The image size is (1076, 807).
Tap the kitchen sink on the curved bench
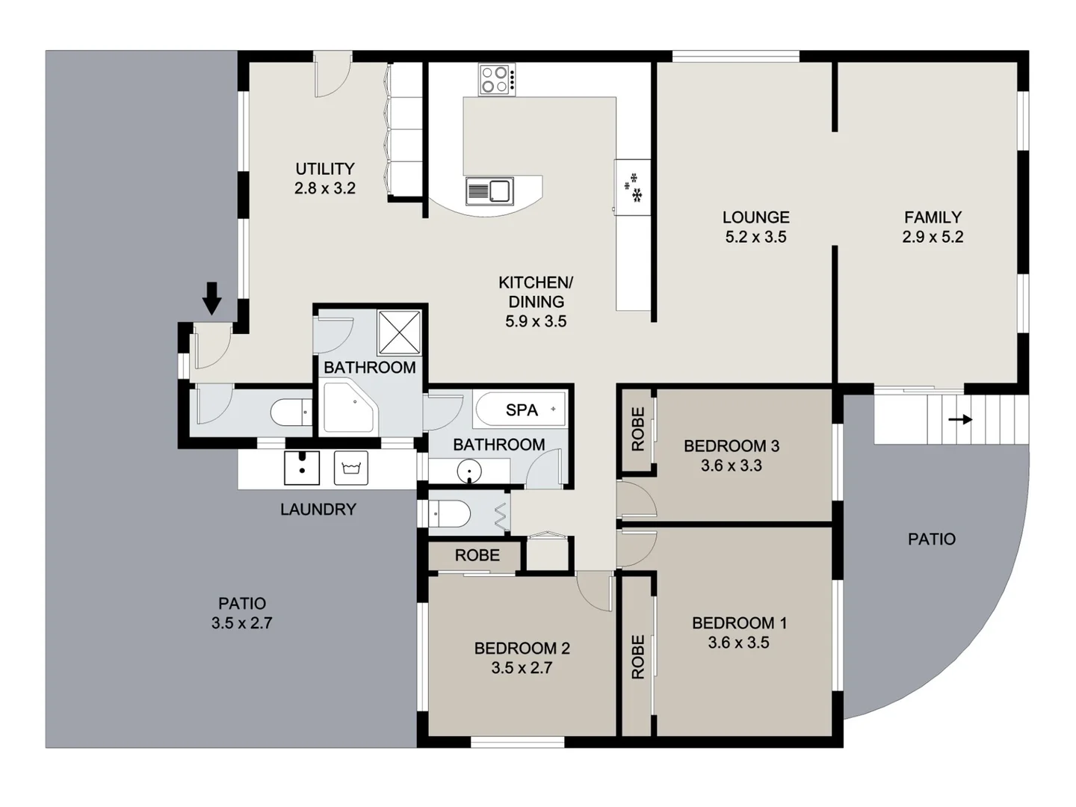tap(489, 191)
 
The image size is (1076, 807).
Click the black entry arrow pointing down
tap(212, 298)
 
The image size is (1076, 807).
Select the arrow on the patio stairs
tap(960, 419)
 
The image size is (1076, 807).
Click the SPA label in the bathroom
tap(522, 409)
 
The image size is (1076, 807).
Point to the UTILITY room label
tap(324, 169)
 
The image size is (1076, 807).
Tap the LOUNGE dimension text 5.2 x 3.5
tap(755, 237)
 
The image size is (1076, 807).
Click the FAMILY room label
tap(933, 217)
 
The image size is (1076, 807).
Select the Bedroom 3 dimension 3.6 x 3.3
tap(731, 466)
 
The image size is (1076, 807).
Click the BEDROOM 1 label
tap(738, 622)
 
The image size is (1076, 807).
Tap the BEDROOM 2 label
tap(522, 648)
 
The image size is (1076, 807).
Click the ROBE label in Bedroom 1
tap(637, 657)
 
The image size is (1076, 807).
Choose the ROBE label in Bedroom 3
tap(637, 429)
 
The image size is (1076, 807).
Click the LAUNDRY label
tap(318, 510)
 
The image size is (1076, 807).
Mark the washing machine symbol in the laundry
tap(351, 468)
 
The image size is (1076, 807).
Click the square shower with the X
tap(399, 332)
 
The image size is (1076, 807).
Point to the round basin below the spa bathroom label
tap(469, 471)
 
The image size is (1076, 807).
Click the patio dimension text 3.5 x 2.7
tap(241, 623)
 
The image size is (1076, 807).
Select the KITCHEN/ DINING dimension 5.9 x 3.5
tap(536, 321)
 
